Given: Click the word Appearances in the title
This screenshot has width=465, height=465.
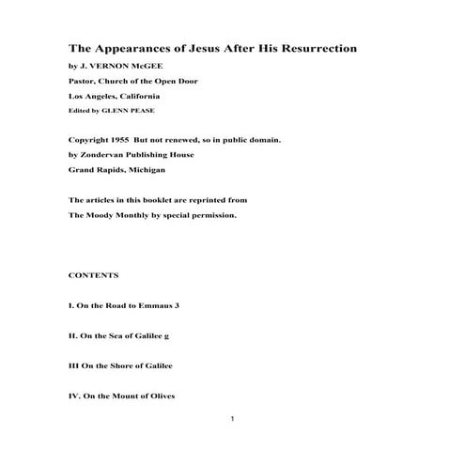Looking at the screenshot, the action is click(130, 48).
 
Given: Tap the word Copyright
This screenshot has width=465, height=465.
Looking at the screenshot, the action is click(90, 138).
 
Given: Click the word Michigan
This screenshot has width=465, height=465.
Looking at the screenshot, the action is click(145, 170).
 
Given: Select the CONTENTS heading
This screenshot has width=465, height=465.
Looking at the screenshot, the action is click(93, 275).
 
